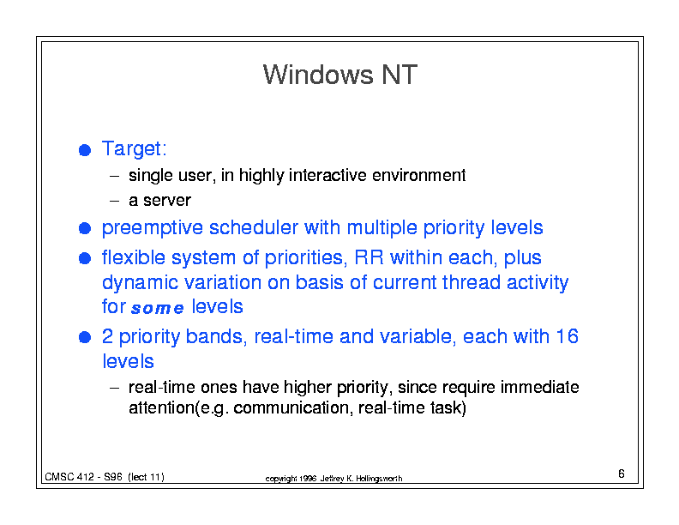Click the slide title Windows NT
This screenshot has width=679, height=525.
pyautogui.click(x=340, y=75)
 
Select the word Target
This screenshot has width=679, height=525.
pyautogui.click(x=132, y=149)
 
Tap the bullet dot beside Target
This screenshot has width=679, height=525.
pyautogui.click(x=85, y=150)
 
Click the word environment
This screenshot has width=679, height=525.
pyautogui.click(x=418, y=176)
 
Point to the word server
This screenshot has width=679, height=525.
pyautogui.click(x=167, y=201)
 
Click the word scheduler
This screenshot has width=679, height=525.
pyautogui.click(x=254, y=227)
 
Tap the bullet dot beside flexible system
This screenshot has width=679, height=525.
pyautogui.click(x=85, y=258)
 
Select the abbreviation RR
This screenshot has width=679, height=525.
pyautogui.click(x=369, y=257)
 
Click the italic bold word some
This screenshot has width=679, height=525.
pyautogui.click(x=158, y=308)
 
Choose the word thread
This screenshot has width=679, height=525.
pyautogui.click(x=472, y=282)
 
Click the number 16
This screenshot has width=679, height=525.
pyautogui.click(x=567, y=336)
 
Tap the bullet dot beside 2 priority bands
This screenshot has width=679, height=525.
pyautogui.click(x=85, y=337)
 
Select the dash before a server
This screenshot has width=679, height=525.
pyautogui.click(x=114, y=201)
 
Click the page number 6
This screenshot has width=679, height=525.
pyautogui.click(x=622, y=474)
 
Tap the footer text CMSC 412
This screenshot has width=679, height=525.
pyautogui.click(x=69, y=477)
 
